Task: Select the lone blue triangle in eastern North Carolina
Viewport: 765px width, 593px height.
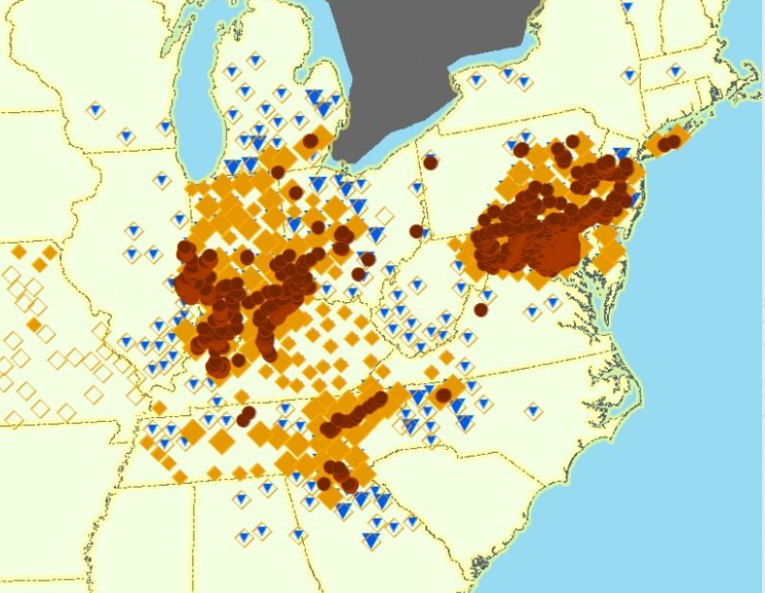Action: (x=534, y=411)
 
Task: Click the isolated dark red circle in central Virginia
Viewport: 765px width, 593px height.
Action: (x=481, y=310)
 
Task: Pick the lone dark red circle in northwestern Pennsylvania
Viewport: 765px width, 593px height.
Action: (x=430, y=162)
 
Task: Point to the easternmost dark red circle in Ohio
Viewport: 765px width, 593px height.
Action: (x=416, y=231)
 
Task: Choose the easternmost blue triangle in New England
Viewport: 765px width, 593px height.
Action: (x=675, y=71)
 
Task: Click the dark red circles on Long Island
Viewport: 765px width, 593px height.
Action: (x=669, y=142)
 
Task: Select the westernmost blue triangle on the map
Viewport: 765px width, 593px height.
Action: (x=95, y=109)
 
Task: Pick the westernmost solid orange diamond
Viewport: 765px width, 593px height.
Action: (x=19, y=251)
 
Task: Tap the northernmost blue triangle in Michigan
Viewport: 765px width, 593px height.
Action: (x=255, y=60)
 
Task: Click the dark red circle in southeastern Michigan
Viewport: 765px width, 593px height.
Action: (x=310, y=142)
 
